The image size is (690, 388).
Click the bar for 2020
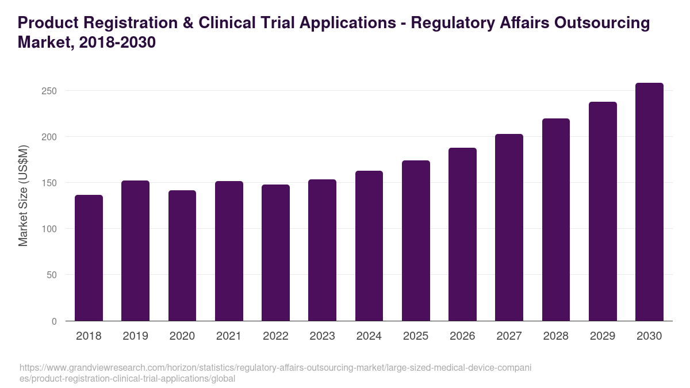pos(182,255)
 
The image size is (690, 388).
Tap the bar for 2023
pos(322,250)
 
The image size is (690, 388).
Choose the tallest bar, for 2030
pos(649,202)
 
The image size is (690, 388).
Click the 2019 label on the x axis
pos(135,336)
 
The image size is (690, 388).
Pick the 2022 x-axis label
pos(275,336)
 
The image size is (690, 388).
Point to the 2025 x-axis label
pos(416,336)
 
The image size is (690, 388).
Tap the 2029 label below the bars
pos(603,336)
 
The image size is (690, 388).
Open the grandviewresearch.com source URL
pos(276,373)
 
